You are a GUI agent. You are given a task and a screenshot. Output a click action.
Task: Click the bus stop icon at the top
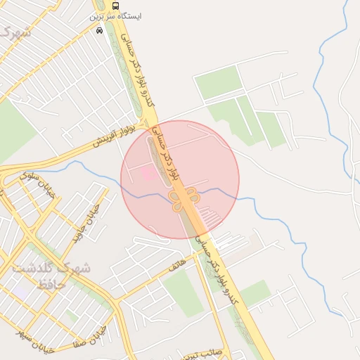click(x=115, y=5)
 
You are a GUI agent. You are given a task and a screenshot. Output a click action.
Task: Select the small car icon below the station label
click(x=99, y=31)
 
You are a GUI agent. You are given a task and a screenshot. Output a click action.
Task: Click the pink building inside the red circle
click(x=148, y=172)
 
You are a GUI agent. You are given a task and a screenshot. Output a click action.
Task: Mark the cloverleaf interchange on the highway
click(x=186, y=202)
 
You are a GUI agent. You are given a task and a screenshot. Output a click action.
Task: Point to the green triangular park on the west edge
click(x=14, y=134)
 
